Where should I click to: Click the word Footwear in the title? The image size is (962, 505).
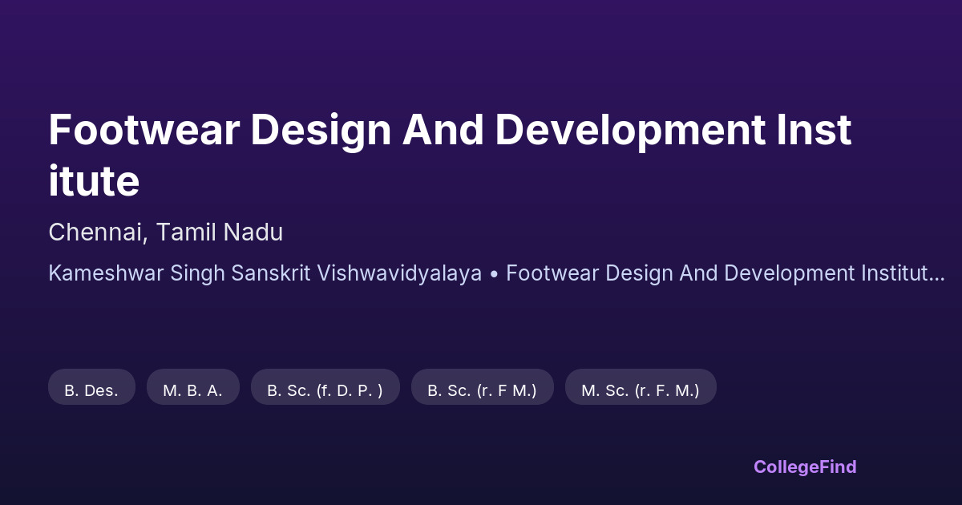[x=144, y=130]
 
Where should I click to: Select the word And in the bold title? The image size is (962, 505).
[x=443, y=130]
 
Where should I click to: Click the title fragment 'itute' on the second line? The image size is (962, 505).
[x=94, y=181]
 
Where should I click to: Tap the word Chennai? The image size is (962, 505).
[x=98, y=232]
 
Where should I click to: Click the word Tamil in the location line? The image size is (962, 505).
[x=186, y=232]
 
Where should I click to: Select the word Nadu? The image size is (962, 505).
[x=253, y=232]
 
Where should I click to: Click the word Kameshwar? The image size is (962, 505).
[x=106, y=273]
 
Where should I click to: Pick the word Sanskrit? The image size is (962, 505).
[x=271, y=273]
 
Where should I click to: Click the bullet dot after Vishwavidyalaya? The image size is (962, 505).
[x=494, y=273]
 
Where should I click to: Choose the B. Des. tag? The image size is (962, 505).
[x=91, y=387]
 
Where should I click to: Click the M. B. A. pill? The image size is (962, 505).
[x=193, y=387]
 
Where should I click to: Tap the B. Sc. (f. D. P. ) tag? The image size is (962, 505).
[x=325, y=387]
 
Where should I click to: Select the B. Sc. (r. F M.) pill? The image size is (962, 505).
[x=483, y=387]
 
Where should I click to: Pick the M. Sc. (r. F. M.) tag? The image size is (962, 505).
[x=641, y=387]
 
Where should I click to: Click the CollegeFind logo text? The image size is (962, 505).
[x=805, y=467]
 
